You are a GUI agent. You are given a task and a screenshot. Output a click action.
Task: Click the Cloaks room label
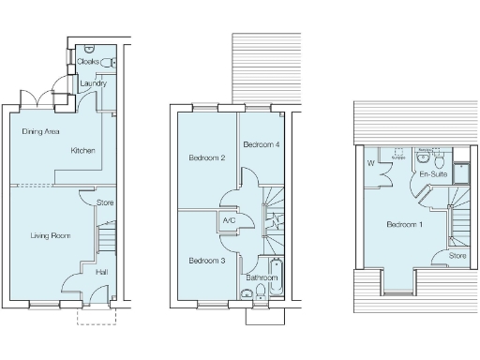click(x=88, y=61)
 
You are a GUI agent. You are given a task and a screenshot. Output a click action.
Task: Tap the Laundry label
click(x=92, y=83)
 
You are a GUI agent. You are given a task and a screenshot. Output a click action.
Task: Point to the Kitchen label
click(x=82, y=150)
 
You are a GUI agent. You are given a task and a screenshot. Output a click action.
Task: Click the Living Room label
click(x=51, y=235)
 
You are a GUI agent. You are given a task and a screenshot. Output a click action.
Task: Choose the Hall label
click(x=101, y=272)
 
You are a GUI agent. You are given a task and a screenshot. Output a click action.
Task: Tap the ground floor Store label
click(x=106, y=202)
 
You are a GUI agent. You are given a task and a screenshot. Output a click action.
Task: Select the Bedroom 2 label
click(x=206, y=157)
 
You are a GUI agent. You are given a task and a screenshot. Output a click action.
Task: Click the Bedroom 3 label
click(x=205, y=260)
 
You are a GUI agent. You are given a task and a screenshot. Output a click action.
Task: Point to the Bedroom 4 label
click(x=262, y=144)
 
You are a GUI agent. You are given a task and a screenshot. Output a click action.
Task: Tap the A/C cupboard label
click(x=228, y=221)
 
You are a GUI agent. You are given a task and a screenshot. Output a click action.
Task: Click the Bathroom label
click(x=262, y=278)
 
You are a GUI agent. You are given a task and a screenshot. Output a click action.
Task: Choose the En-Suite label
click(x=432, y=174)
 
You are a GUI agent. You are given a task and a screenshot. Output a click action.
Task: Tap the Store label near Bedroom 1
click(x=457, y=255)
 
